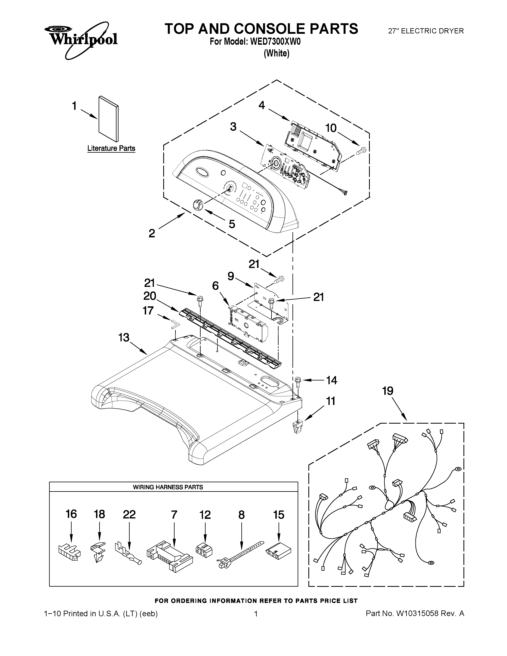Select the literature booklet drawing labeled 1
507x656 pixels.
tap(108, 119)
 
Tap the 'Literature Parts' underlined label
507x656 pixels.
tap(111, 148)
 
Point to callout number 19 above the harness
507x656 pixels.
tap(388, 391)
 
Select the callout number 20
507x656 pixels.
tap(150, 296)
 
